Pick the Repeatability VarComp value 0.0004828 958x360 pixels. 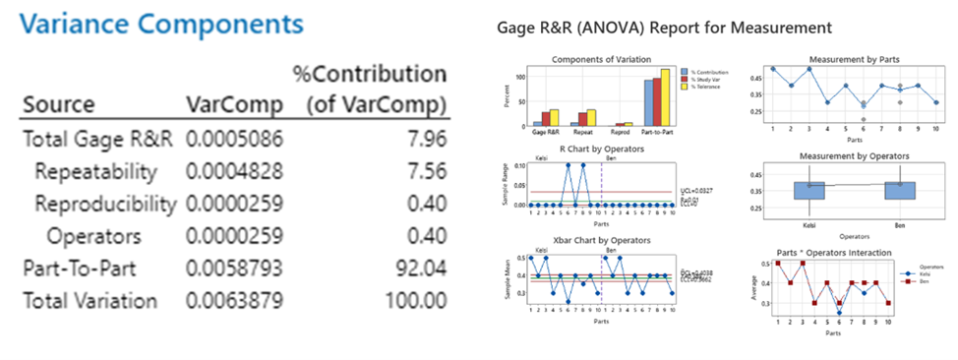click(234, 171)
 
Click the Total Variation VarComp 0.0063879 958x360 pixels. click(234, 300)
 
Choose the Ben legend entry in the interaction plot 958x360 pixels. click(928, 279)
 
